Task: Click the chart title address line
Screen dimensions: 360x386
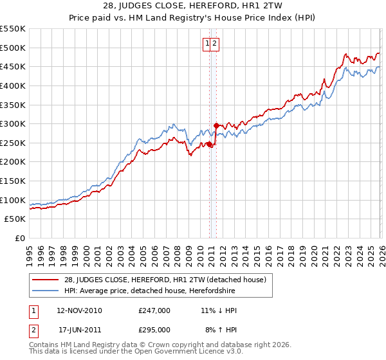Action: pyautogui.click(x=193, y=4)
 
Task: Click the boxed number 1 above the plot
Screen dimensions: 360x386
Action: pyautogui.click(x=207, y=44)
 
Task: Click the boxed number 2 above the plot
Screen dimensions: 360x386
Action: pyautogui.click(x=216, y=44)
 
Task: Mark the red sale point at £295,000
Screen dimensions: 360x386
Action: pyautogui.click(x=216, y=125)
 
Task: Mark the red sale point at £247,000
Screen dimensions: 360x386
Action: pyautogui.click(x=210, y=144)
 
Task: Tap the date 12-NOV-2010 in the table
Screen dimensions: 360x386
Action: pyautogui.click(x=78, y=310)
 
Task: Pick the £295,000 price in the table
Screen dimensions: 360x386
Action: pyautogui.click(x=154, y=329)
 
